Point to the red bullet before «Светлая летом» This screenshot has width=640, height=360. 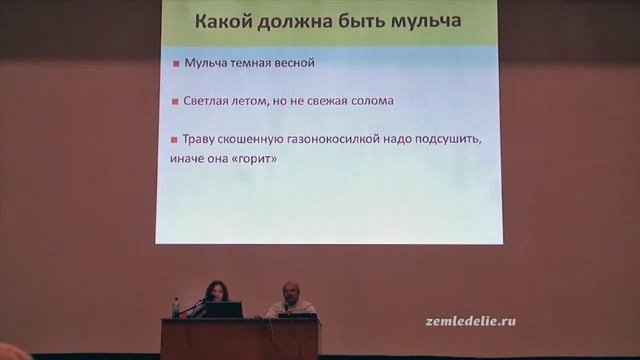[x=175, y=103]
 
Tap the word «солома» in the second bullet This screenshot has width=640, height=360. [x=365, y=102]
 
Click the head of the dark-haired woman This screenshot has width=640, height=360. [x=215, y=290]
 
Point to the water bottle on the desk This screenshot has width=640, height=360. [x=177, y=308]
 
